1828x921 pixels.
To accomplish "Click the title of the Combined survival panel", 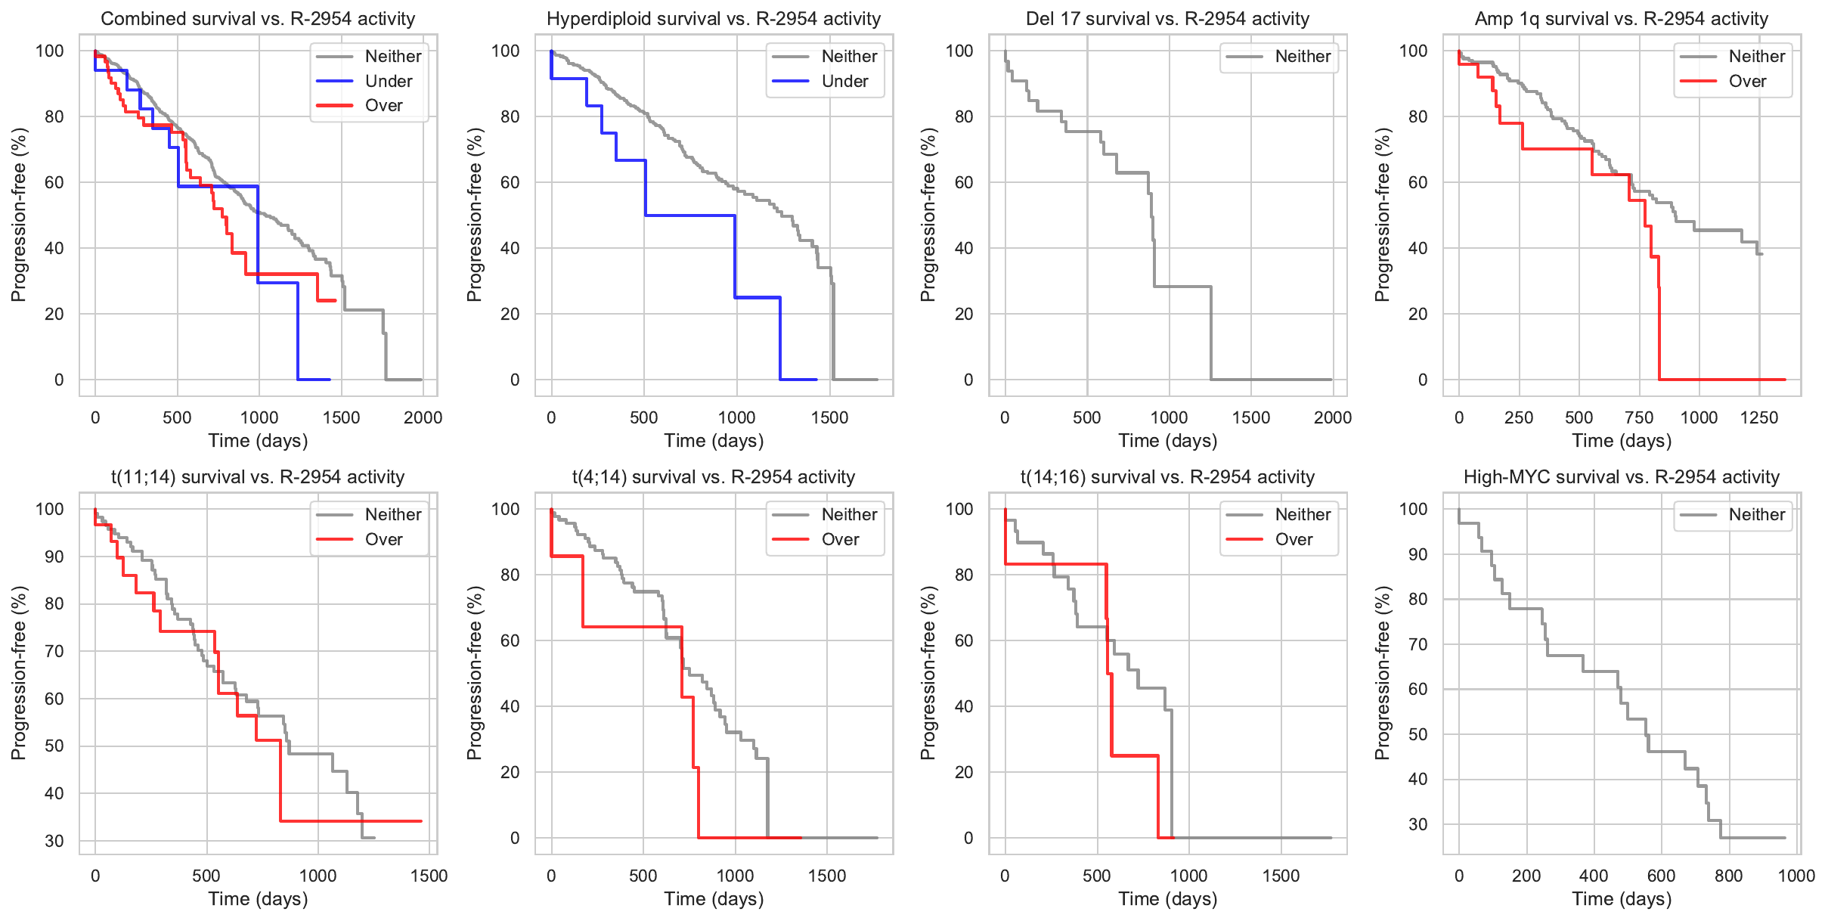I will click(258, 19).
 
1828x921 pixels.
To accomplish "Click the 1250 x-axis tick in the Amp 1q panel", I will click(1759, 417).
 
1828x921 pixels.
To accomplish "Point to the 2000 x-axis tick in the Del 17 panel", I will click(1333, 417).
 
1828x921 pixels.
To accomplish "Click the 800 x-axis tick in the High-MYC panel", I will click(1728, 876).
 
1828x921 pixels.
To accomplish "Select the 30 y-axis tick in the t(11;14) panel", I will click(54, 841).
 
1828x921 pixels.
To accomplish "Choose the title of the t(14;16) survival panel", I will click(1167, 477).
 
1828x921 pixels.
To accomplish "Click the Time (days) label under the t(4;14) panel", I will click(714, 899).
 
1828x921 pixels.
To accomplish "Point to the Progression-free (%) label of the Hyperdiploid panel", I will click(474, 215).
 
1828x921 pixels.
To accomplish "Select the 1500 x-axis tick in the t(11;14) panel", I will click(429, 876).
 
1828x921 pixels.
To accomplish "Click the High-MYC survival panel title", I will click(1621, 477).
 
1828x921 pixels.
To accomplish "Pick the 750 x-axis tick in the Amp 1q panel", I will click(1639, 417).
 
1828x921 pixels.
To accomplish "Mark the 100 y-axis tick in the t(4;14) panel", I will click(505, 509).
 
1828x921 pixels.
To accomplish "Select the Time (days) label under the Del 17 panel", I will click(1167, 441).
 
